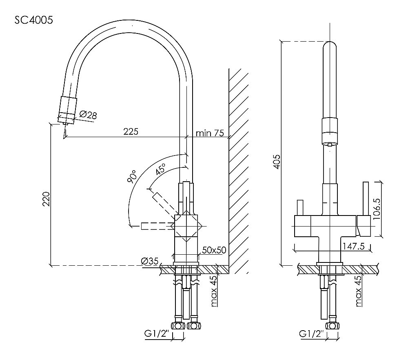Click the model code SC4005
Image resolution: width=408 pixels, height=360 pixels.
(x=33, y=20)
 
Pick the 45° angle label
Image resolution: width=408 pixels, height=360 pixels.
(x=161, y=169)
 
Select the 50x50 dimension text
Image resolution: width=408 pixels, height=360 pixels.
(x=214, y=250)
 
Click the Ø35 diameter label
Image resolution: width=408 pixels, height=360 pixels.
(x=150, y=262)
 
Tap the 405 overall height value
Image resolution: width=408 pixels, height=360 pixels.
(x=277, y=162)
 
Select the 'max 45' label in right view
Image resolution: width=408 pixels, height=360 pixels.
(x=358, y=291)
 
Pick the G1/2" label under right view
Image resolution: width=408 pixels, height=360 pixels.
(x=311, y=334)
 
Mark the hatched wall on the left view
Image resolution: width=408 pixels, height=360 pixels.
(x=238, y=171)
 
